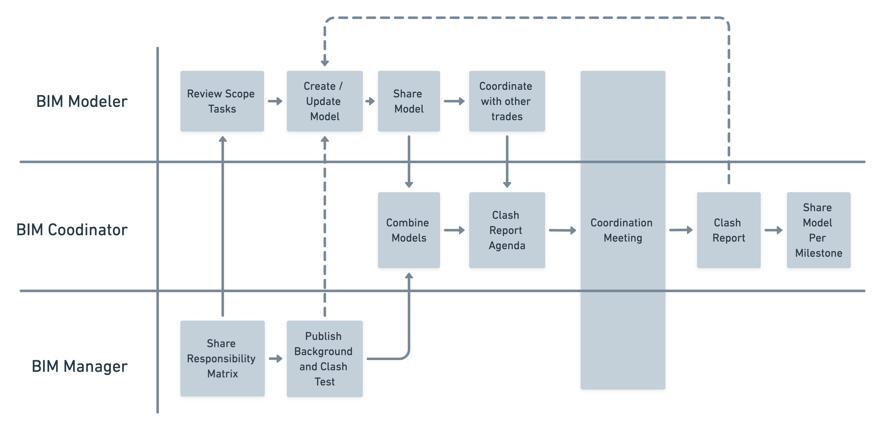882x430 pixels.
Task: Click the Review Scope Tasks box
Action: (222, 101)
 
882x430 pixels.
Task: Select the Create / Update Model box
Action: (324, 101)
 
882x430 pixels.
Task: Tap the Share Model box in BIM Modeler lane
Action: (408, 101)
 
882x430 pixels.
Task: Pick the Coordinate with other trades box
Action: (507, 101)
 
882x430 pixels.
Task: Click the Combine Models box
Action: (408, 230)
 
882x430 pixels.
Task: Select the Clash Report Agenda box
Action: (507, 230)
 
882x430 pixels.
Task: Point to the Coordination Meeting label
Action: (622, 230)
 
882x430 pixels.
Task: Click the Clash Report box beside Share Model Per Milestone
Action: (728, 230)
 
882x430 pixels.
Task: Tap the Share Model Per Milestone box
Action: (818, 230)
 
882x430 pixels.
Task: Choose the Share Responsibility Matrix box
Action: (222, 358)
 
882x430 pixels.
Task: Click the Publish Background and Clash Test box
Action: (324, 359)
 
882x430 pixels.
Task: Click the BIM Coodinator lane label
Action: (72, 230)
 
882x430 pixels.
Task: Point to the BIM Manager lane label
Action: (79, 366)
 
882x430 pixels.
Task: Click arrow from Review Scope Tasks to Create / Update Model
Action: (275, 101)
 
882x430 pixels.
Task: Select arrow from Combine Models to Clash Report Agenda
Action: (454, 230)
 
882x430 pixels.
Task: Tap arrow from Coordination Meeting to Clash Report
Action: (681, 230)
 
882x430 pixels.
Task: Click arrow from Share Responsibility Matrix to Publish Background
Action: (275, 359)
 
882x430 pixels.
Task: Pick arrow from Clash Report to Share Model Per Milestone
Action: (773, 230)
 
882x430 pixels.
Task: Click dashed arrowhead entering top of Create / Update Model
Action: (324, 63)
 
